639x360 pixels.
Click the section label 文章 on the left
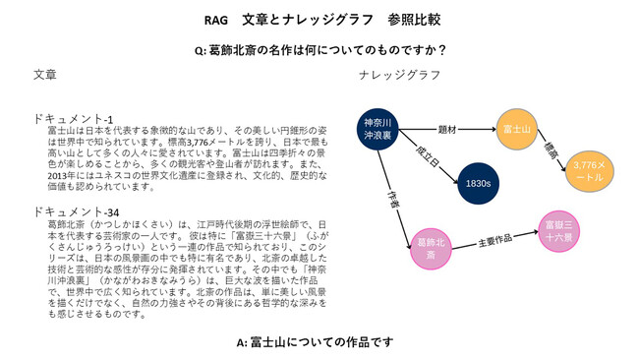tap(45, 75)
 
